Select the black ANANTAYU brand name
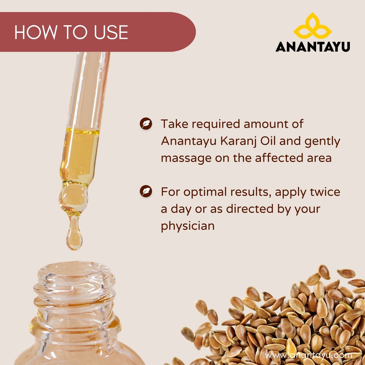(x=313, y=46)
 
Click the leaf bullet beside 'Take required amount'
(x=146, y=124)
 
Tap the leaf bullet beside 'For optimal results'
(x=146, y=191)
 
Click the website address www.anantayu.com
(x=308, y=350)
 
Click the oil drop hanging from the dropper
(x=74, y=235)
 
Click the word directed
(x=250, y=209)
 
